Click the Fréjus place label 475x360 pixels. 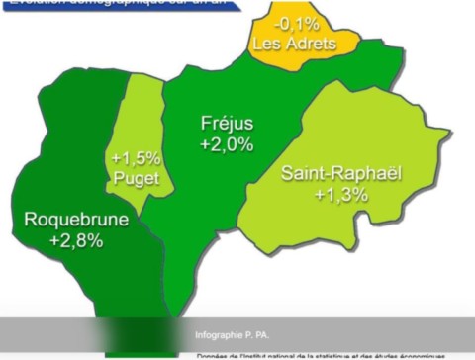coord(227,124)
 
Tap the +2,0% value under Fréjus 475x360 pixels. coord(227,144)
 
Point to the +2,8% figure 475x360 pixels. coord(75,240)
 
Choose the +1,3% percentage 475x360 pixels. coord(341,195)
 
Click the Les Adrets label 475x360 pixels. coord(294,44)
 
